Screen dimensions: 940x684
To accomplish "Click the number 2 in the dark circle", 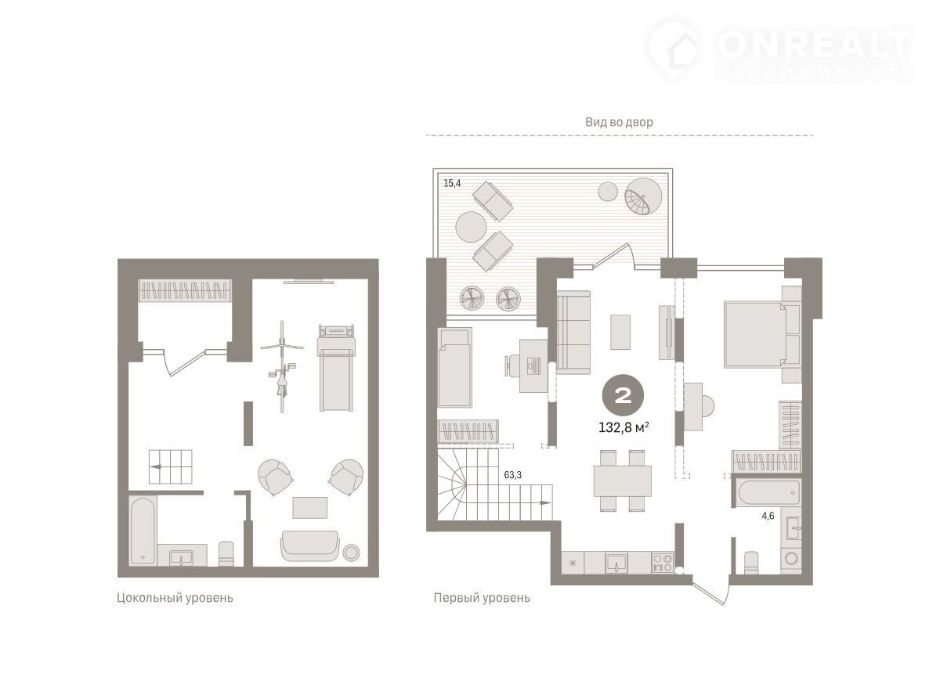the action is tap(624, 394).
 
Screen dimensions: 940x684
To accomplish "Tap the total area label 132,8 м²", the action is tap(624, 428).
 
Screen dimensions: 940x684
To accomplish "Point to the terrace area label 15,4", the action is tap(452, 183).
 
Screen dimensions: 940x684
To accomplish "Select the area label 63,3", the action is tap(513, 475).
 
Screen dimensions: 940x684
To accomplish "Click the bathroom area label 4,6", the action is tap(768, 516).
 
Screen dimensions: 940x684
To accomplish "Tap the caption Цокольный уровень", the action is tap(175, 598).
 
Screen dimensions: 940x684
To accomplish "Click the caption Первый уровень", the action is tap(482, 598).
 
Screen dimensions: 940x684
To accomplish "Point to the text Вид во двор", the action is tap(619, 122).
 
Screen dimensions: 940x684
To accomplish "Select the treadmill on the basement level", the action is tap(336, 368).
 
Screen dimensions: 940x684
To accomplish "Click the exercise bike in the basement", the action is tap(282, 367).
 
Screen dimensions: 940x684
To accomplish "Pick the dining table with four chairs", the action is tap(622, 481).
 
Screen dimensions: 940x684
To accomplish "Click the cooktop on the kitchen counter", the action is tap(663, 563).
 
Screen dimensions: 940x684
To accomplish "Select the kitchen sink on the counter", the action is tap(616, 563).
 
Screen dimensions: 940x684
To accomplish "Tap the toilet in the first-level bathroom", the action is tap(750, 563).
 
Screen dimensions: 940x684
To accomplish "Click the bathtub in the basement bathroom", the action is tap(143, 531).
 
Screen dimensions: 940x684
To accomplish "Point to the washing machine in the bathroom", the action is tap(791, 559).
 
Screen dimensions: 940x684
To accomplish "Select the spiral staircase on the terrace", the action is tap(643, 196).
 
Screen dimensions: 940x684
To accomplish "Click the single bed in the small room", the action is tap(455, 367).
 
